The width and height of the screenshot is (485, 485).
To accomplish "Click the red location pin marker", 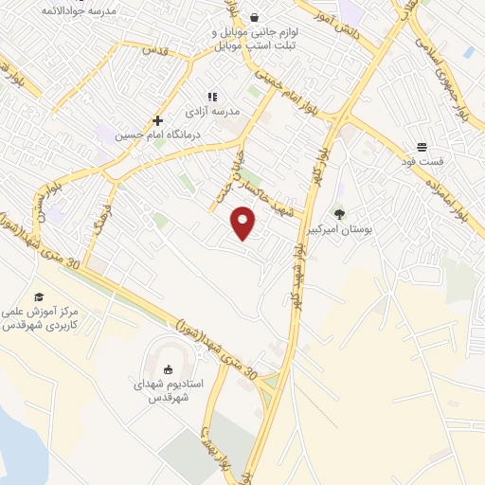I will click(x=244, y=222).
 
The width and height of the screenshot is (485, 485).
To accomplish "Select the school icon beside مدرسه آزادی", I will click(x=213, y=97).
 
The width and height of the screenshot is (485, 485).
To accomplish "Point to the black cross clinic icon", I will click(x=157, y=120).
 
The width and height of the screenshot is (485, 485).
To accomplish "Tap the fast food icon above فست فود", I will click(x=422, y=147).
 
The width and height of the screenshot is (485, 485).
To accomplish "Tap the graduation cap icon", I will click(x=39, y=297).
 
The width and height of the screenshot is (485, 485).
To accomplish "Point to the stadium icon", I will click(x=169, y=368).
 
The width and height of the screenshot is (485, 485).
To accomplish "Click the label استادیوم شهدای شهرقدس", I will click(x=169, y=391).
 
